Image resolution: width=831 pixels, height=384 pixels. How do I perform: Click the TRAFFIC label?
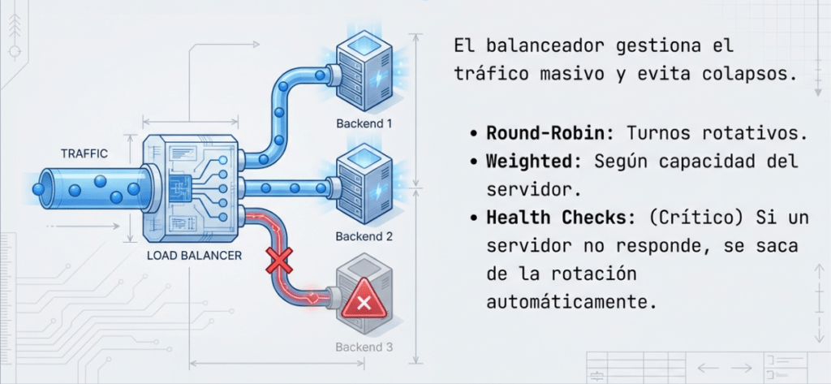pyautogui.click(x=84, y=153)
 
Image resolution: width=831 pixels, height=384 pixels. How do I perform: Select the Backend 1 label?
pyautogui.click(x=364, y=124)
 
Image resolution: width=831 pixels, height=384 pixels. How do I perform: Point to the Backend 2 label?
pyautogui.click(x=364, y=237)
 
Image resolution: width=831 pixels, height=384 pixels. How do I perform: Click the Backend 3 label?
pyautogui.click(x=364, y=348)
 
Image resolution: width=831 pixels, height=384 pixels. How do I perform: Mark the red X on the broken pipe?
pyautogui.click(x=280, y=262)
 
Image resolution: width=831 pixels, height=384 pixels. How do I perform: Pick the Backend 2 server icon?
pyautogui.click(x=363, y=181)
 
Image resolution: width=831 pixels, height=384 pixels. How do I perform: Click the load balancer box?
pyautogui.click(x=191, y=190)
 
